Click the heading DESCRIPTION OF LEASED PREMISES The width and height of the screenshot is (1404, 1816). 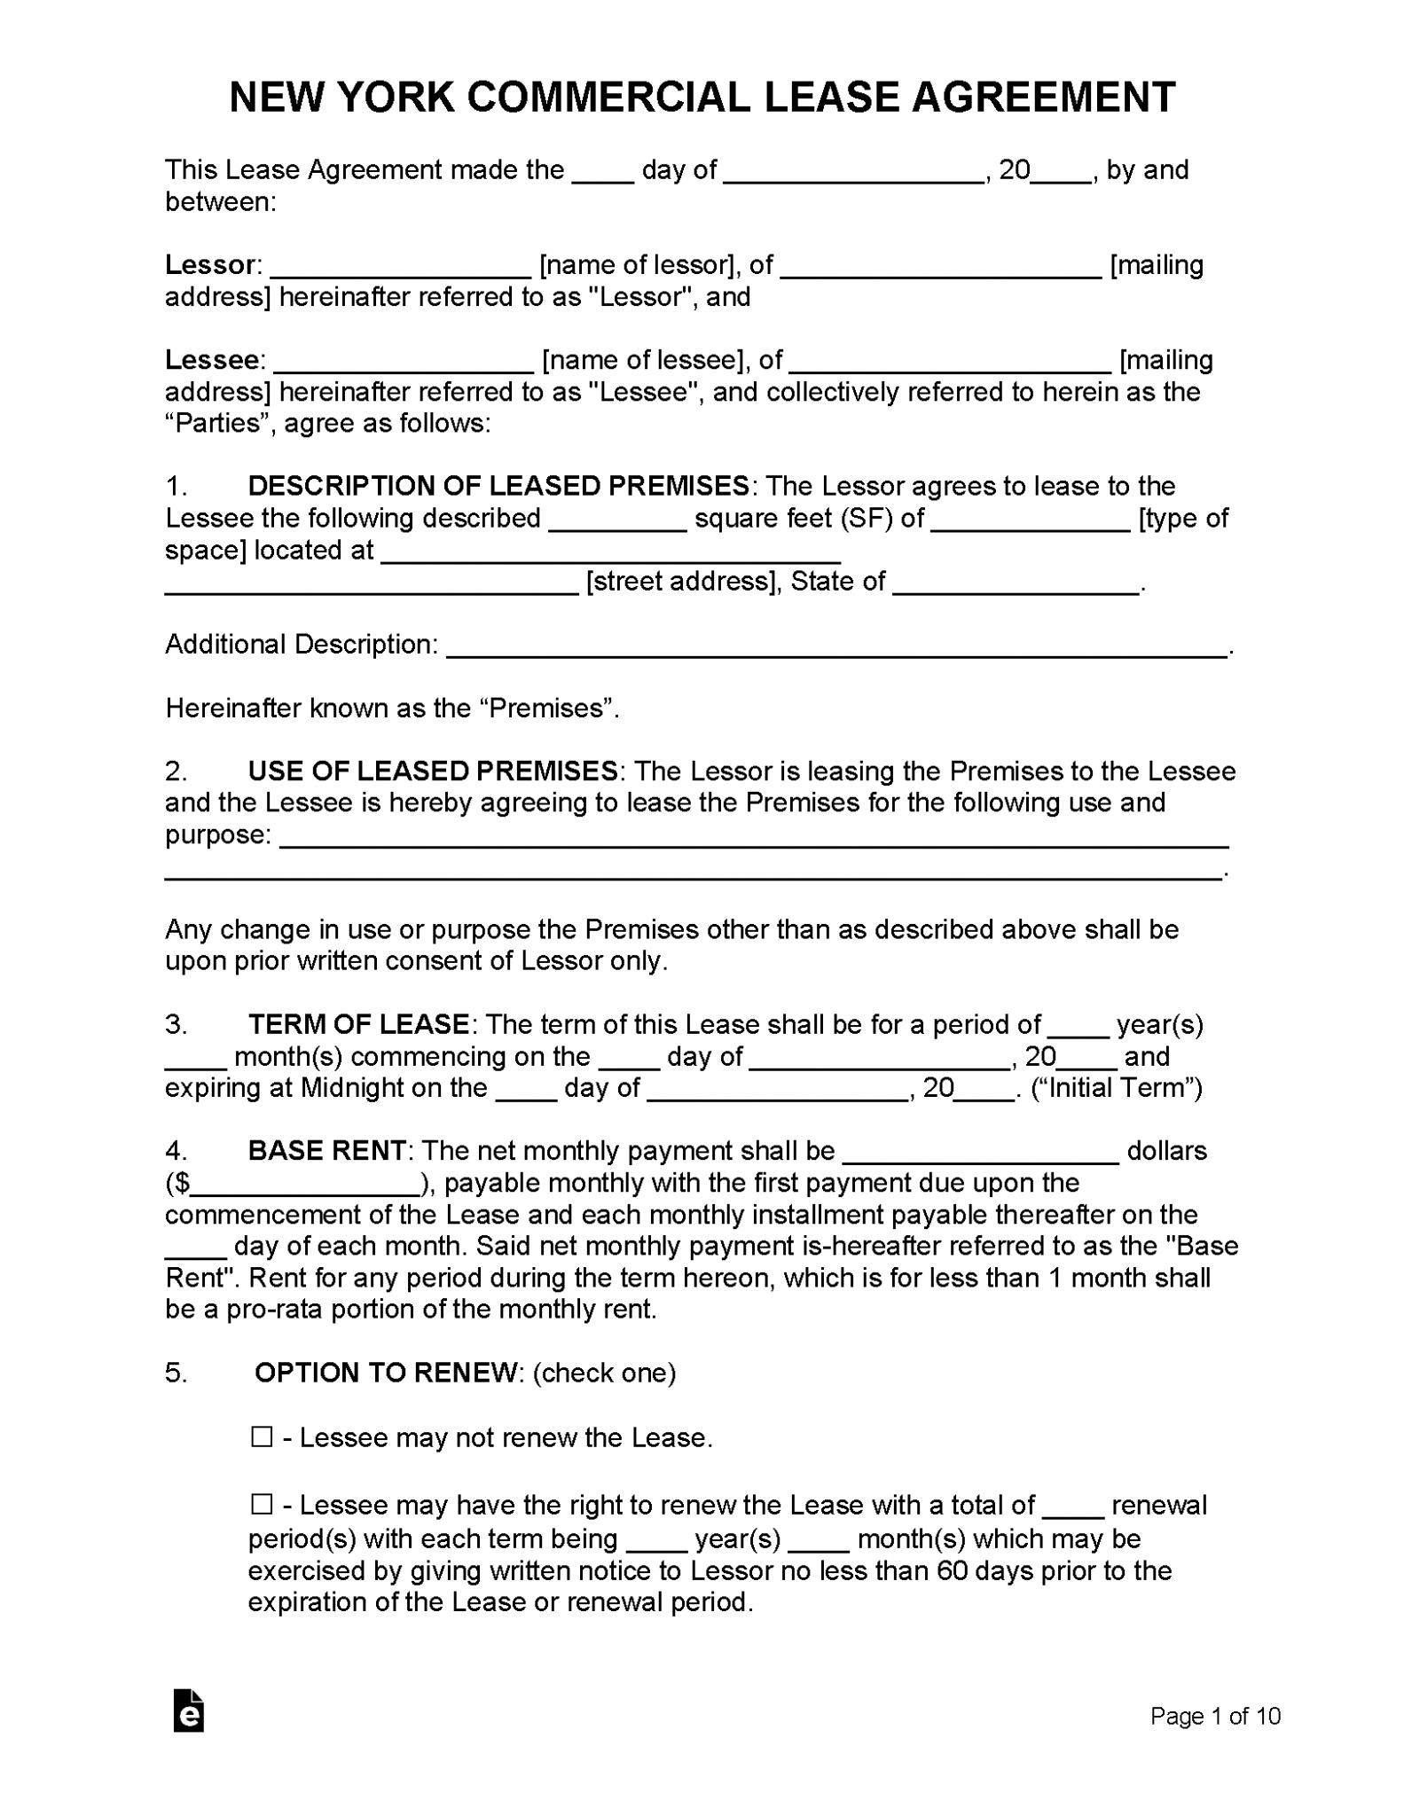[498, 486]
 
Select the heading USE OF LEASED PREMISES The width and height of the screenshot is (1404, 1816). [433, 771]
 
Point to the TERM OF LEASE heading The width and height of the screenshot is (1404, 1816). [358, 1024]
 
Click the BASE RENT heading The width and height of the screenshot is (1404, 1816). [326, 1151]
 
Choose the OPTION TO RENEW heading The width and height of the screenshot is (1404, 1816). [386, 1373]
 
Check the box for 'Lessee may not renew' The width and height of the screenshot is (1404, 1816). [262, 1436]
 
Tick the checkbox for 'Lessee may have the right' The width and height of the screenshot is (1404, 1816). [262, 1504]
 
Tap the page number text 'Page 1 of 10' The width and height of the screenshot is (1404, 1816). [1215, 1716]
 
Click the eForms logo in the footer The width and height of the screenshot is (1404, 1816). [189, 1711]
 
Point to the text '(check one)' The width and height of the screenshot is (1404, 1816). [605, 1373]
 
